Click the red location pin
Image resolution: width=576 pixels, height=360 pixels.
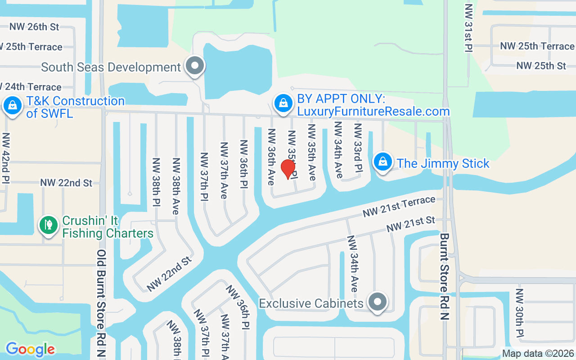point(288,169)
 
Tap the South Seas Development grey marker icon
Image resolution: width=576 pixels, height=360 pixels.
point(195,66)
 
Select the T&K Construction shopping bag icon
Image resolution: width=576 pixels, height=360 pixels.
point(13,106)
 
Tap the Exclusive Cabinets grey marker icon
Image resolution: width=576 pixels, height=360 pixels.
point(378,301)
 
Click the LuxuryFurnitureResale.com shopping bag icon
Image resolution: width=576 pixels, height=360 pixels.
point(283,103)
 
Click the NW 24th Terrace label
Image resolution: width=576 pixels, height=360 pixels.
point(31,87)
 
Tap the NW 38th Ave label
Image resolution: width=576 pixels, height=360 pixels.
point(176,180)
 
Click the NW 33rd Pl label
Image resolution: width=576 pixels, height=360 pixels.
point(358,148)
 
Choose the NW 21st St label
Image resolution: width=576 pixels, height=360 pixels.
point(411,225)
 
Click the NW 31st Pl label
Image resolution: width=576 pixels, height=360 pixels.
point(469,28)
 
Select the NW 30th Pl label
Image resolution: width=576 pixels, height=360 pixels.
point(519,313)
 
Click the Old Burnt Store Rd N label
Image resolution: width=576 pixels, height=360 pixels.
point(102,304)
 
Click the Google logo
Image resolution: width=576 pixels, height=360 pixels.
point(30,349)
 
